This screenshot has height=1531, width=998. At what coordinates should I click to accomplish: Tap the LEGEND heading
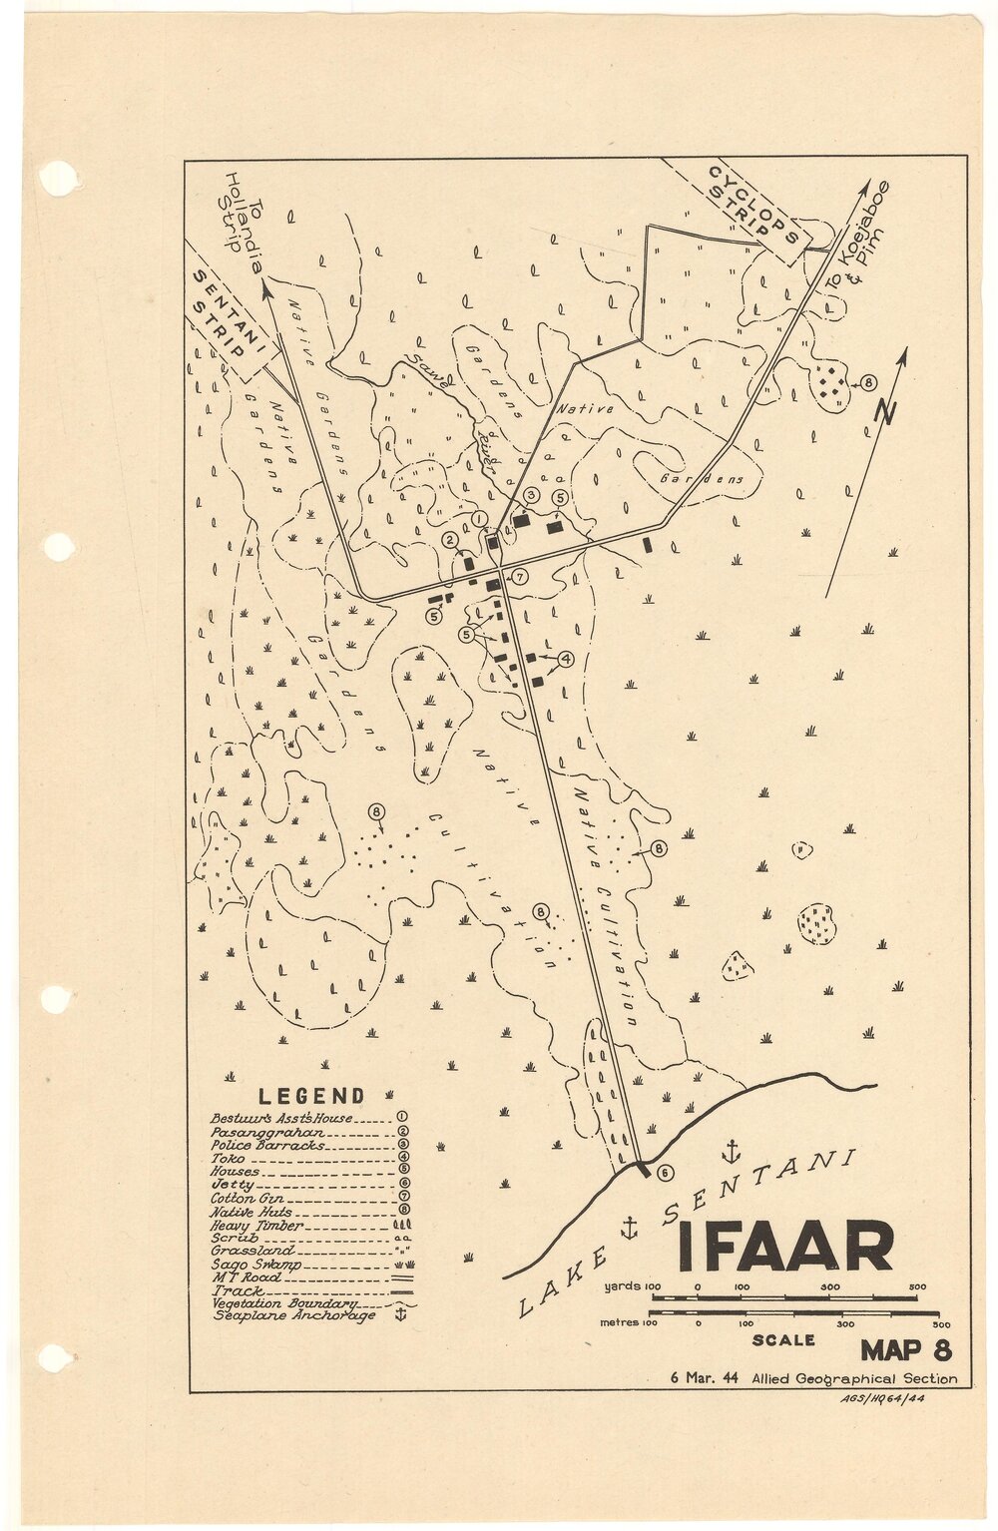tap(311, 1096)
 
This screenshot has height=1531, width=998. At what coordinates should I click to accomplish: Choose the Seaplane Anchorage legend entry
tap(294, 1315)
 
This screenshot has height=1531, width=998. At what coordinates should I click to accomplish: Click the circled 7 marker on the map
tap(520, 576)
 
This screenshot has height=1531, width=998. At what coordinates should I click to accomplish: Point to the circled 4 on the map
tap(565, 659)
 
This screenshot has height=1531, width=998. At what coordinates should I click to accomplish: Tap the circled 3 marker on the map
tap(532, 495)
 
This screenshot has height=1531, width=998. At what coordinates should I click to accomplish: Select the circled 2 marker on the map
tap(451, 540)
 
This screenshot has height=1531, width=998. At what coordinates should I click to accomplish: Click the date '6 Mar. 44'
tap(705, 1378)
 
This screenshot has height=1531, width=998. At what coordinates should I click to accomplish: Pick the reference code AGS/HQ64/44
tap(882, 1397)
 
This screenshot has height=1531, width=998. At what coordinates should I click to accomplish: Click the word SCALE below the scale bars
tap(783, 1340)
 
